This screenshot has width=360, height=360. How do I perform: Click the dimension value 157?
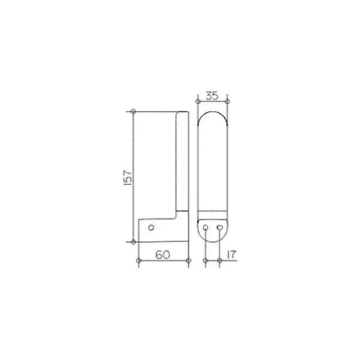tap(128, 178)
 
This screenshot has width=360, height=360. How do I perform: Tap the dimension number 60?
tap(163, 254)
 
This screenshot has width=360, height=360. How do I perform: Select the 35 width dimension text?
tap(212, 95)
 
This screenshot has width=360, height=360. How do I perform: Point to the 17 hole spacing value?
tap(231, 254)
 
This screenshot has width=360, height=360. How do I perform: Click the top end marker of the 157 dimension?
tap(133, 112)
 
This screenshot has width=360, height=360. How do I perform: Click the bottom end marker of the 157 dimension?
tap(133, 242)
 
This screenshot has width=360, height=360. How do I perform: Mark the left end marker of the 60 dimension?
tap(139, 260)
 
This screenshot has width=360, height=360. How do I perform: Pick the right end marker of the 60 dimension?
tap(188, 260)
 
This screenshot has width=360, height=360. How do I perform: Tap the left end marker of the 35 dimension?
tap(197, 101)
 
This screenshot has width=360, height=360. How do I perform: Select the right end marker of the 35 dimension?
tap(227, 101)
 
